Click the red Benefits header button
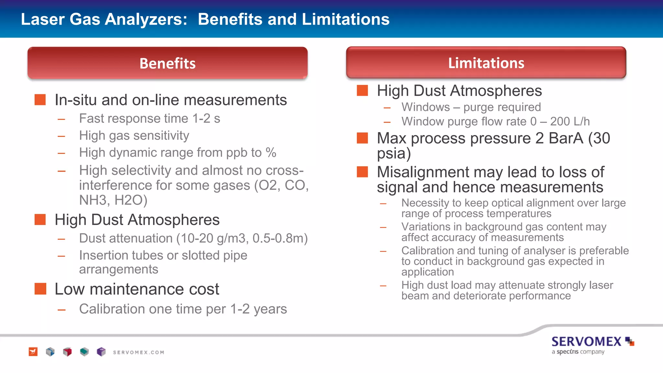point(167,63)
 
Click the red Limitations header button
point(486,63)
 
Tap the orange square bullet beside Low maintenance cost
point(40,288)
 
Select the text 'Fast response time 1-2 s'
point(150,119)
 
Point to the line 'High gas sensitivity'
point(134,135)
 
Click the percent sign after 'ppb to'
point(271,153)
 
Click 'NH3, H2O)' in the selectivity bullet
point(113,200)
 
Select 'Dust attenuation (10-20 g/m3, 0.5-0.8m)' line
point(193,238)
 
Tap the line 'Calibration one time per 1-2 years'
point(183,309)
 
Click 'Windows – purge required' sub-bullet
point(471,107)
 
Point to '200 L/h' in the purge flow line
point(570,121)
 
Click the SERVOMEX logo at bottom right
point(592,342)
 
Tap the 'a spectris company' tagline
point(578,352)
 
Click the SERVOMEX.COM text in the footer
point(139,352)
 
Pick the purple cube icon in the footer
point(101,352)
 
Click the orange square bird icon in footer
point(33,352)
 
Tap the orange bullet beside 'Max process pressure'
point(362,138)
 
